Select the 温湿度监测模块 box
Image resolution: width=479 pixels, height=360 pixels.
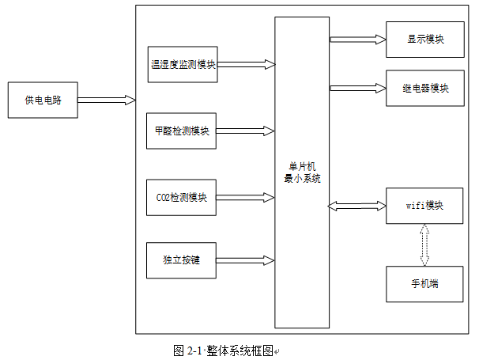point(182,64)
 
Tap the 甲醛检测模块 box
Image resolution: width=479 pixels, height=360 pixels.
point(181,131)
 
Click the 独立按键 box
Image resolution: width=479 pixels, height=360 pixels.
point(181,260)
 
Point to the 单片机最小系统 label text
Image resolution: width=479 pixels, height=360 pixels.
point(302,172)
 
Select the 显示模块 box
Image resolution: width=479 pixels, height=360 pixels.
point(424,39)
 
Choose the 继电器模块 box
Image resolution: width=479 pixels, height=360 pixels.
point(424,89)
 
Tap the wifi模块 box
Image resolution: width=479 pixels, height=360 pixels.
point(424,206)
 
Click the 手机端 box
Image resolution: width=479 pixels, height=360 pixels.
point(424,283)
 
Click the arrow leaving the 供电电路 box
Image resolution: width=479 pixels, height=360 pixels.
point(107,100)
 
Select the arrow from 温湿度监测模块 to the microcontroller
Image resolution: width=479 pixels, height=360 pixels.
point(245,64)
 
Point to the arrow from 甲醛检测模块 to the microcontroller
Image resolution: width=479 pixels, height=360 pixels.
point(245,131)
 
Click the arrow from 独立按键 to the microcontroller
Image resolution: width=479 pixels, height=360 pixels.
point(245,260)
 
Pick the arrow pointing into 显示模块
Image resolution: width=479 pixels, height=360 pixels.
point(357,39)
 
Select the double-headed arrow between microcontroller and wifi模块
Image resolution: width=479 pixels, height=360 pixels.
point(357,207)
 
